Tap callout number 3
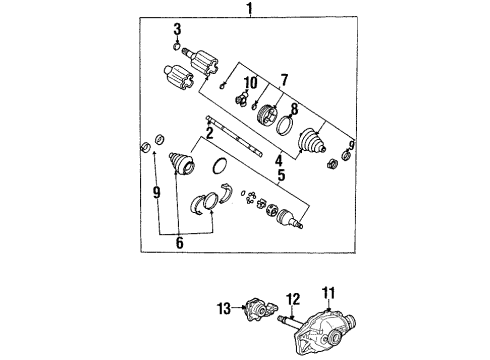[177, 28]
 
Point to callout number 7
[284, 79]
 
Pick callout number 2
[210, 131]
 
